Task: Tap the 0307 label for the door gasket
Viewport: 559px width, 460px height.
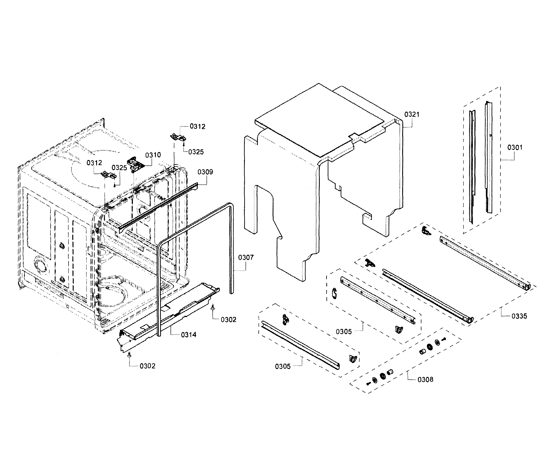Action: pyautogui.click(x=246, y=257)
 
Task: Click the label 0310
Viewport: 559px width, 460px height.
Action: pyautogui.click(x=153, y=155)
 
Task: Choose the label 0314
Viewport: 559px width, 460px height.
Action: pyautogui.click(x=188, y=335)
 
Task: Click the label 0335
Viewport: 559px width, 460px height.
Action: pyautogui.click(x=519, y=316)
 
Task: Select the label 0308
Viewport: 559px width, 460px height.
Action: pyautogui.click(x=425, y=379)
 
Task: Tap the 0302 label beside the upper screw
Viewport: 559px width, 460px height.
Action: pyautogui.click(x=228, y=320)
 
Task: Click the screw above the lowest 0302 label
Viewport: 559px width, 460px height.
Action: pyautogui.click(x=129, y=355)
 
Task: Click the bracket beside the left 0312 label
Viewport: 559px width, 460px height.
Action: pyautogui.click(x=109, y=175)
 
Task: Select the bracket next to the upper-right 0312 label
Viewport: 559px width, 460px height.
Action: pyautogui.click(x=178, y=137)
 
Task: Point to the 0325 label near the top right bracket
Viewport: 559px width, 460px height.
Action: pyautogui.click(x=196, y=152)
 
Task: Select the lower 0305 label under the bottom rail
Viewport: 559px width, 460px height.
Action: pyautogui.click(x=282, y=366)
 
